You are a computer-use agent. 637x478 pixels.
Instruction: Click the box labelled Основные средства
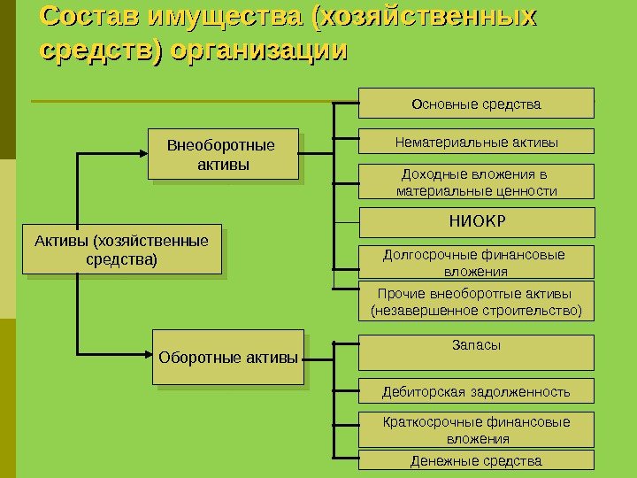tap(476, 104)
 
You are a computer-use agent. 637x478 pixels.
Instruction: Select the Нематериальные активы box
tap(476, 142)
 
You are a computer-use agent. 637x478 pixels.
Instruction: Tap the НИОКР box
tap(476, 219)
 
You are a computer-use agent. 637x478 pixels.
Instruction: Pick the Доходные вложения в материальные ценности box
tap(476, 181)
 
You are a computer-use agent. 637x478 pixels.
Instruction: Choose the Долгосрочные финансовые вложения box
tap(476, 262)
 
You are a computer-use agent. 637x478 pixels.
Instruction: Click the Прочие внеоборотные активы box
tap(476, 301)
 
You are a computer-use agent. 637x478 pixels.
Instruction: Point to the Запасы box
tap(476, 352)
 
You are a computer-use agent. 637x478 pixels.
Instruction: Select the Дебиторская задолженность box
tap(476, 390)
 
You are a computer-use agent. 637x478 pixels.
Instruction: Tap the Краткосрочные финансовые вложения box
tap(476, 429)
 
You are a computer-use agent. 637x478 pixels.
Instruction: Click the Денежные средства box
tap(476, 460)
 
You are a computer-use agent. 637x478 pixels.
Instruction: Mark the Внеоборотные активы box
tap(221, 155)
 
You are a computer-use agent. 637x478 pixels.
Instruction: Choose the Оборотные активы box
tap(227, 358)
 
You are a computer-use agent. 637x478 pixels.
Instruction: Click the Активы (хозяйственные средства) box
tap(121, 249)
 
